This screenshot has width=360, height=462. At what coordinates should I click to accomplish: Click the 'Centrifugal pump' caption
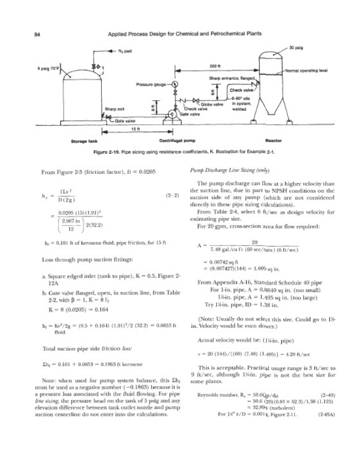coord(176,140)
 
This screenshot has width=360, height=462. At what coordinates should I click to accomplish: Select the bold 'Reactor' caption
coord(273,140)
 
